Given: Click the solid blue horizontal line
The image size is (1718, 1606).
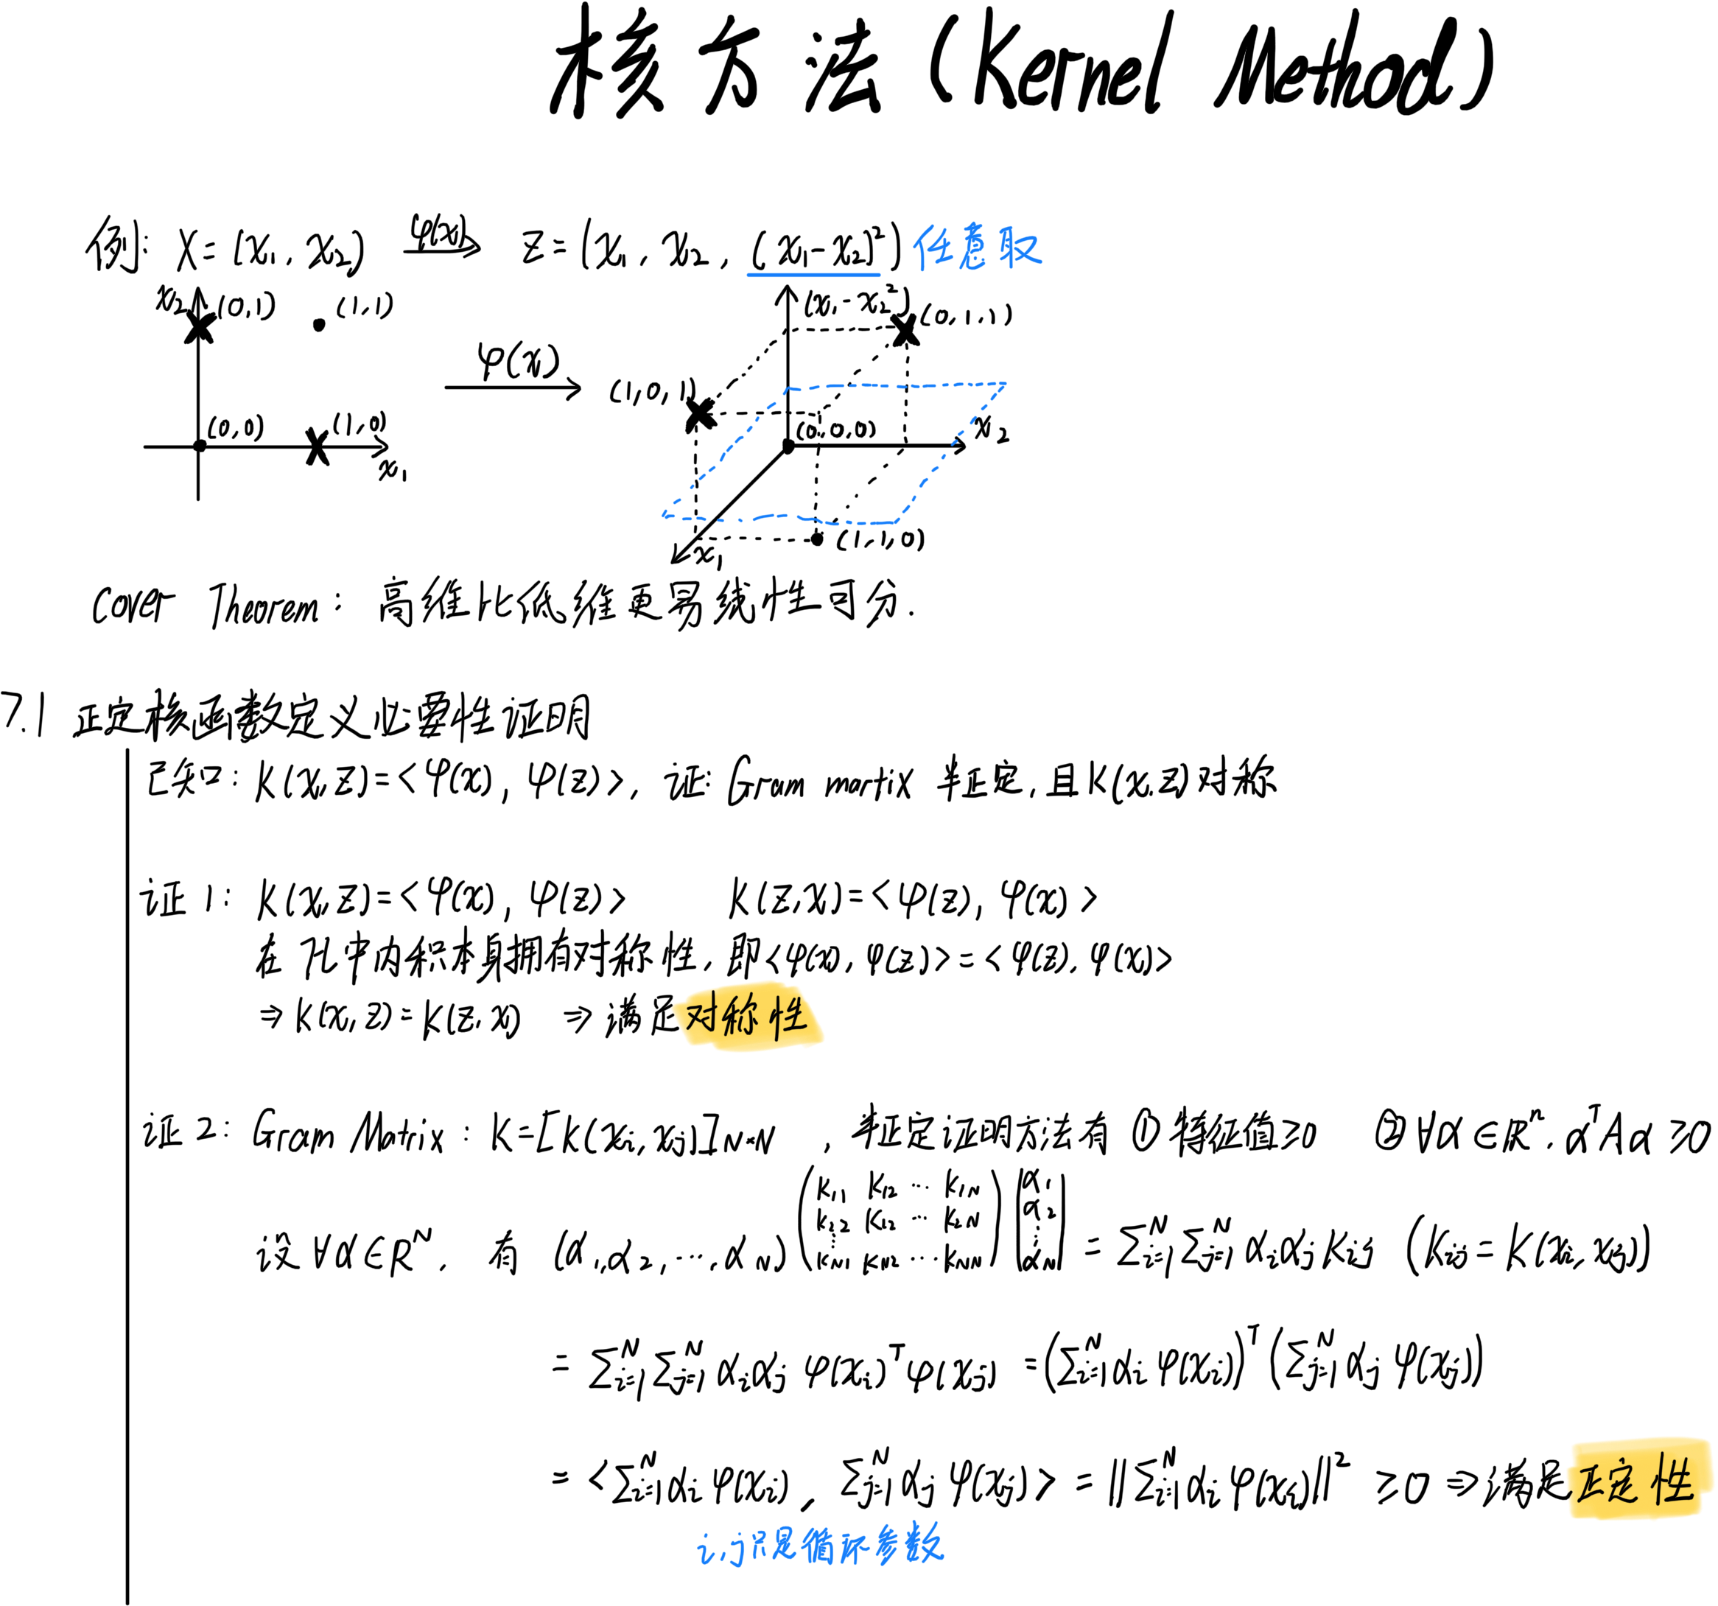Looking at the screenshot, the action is pyautogui.click(x=813, y=275).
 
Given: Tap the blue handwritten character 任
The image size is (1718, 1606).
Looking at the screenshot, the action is pyautogui.click(x=934, y=248).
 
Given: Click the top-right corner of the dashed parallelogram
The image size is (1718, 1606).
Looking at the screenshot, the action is pyautogui.click(x=1005, y=383).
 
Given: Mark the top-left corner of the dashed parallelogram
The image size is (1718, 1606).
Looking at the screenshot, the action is pyautogui.click(x=786, y=389).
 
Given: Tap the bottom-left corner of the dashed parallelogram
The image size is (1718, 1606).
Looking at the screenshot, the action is pyautogui.click(x=664, y=516).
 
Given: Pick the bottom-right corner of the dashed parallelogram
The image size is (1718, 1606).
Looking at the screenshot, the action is pyautogui.click(x=897, y=522).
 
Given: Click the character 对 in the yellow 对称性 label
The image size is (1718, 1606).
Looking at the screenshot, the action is pyautogui.click(x=702, y=1016).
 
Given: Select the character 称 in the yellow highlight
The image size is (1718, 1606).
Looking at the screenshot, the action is pyautogui.click(x=741, y=1016).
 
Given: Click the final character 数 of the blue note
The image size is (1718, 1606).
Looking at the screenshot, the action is pyautogui.click(x=924, y=1545).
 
